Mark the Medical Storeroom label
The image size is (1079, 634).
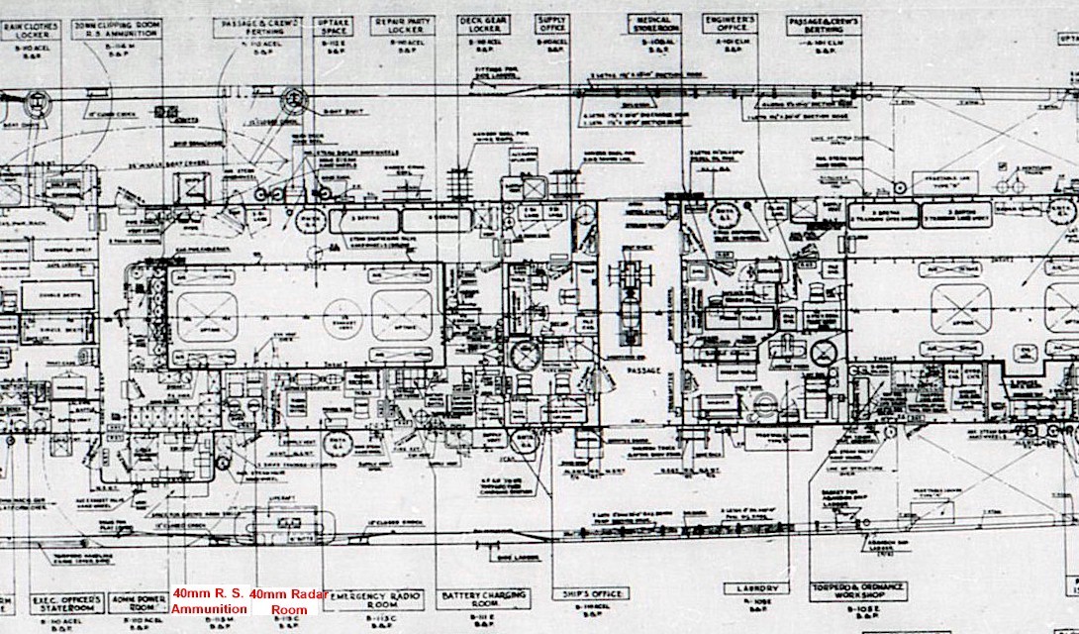coord(656,25)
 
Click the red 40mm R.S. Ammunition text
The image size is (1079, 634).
coord(209,601)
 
